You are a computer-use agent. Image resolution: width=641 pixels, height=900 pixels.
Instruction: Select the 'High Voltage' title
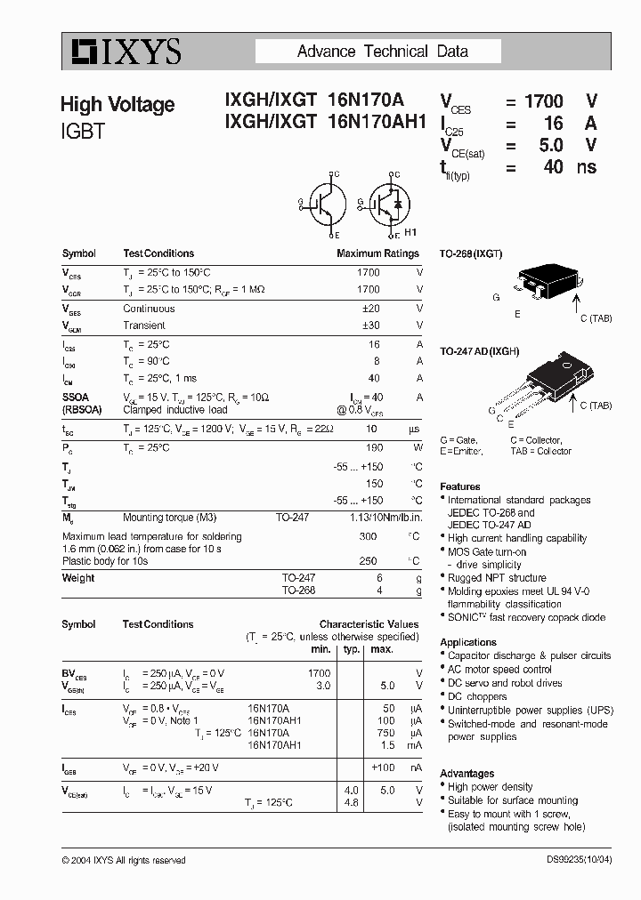(118, 105)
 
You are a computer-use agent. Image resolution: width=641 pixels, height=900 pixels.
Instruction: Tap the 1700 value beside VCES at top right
(543, 102)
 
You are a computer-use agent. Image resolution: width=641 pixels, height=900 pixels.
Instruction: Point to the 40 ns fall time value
(554, 166)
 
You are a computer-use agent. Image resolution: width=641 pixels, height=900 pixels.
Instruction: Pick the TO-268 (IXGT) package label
(471, 253)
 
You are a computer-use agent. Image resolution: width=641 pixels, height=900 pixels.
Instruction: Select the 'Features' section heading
(459, 486)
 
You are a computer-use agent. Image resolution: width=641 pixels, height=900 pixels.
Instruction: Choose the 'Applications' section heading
(468, 642)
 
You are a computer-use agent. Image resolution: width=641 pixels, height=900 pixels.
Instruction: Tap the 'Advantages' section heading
(467, 774)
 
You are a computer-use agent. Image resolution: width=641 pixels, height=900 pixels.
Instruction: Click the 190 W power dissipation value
(374, 447)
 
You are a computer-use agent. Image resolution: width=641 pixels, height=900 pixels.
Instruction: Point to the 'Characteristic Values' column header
(369, 624)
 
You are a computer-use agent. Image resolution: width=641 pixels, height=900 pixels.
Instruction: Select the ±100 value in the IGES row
(382, 767)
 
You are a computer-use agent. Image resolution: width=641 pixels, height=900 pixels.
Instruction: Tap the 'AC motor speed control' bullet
(499, 670)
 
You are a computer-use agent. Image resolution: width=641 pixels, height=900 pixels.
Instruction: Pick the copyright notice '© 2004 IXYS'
(124, 860)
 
